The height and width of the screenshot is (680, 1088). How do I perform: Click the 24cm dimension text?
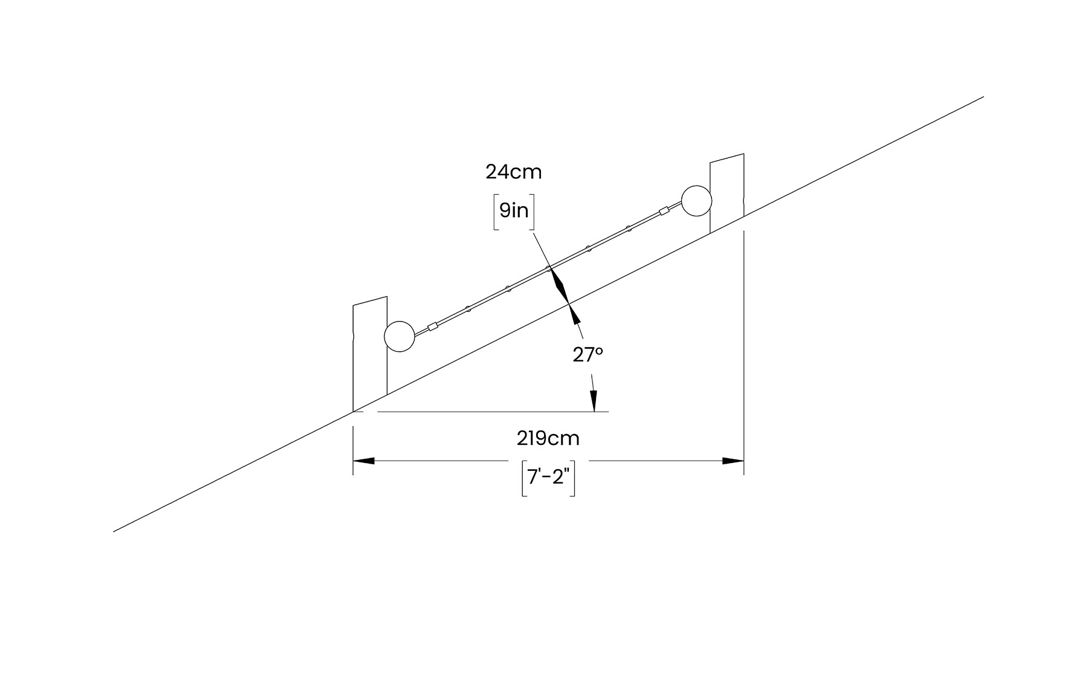click(x=514, y=172)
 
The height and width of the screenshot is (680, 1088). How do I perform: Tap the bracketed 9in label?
click(x=514, y=211)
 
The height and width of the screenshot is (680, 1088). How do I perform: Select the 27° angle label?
click(x=588, y=355)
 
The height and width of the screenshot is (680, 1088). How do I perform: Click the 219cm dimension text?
click(x=548, y=438)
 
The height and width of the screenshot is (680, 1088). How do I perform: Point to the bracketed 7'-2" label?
click(x=548, y=478)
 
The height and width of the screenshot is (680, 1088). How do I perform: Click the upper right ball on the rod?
click(x=696, y=201)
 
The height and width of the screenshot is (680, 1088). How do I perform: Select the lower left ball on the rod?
click(x=400, y=336)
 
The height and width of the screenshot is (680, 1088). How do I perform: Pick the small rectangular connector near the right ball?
click(x=664, y=212)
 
